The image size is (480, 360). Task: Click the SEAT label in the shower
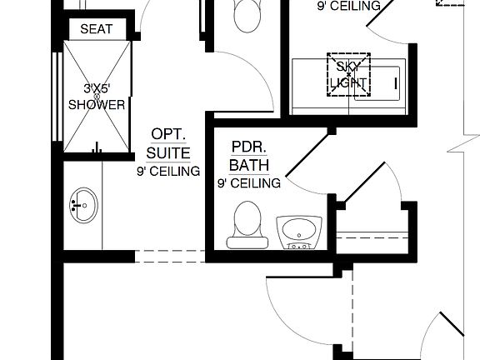(x=97, y=29)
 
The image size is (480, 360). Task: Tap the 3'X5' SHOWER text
(x=97, y=97)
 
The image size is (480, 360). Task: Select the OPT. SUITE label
(x=168, y=143)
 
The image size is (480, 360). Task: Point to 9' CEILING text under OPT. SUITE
(x=168, y=172)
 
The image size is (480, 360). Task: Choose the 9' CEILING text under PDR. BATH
(x=249, y=182)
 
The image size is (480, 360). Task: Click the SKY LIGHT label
(x=347, y=74)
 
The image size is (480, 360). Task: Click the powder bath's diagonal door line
(x=307, y=154)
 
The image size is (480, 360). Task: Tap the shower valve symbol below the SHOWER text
(x=97, y=148)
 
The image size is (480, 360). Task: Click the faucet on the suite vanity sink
(x=75, y=205)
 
